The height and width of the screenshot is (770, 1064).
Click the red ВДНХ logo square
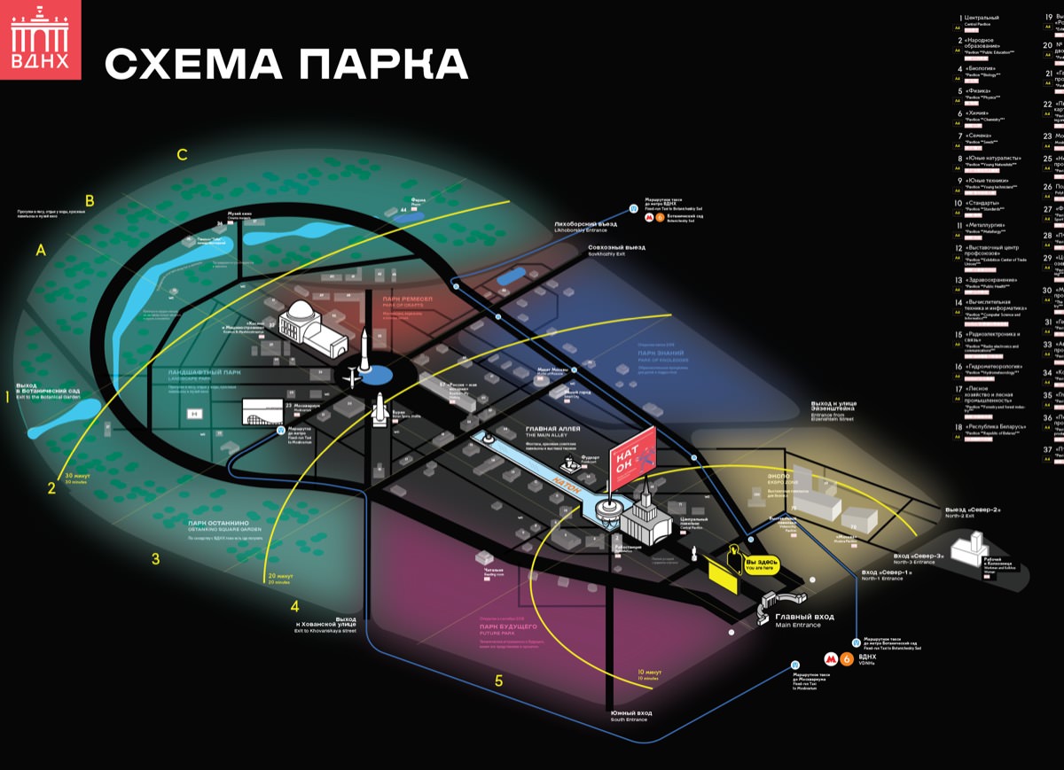[x=40, y=40]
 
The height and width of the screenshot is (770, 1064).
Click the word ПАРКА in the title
[x=382, y=65]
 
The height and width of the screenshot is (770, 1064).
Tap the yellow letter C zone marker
[x=182, y=155]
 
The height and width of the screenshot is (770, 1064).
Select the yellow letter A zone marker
[x=40, y=251]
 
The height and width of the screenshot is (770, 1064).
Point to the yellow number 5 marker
[x=498, y=681]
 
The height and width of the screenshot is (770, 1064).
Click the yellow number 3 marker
[x=155, y=559]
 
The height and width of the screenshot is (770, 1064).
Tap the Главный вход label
[x=804, y=618]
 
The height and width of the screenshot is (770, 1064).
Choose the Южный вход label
[x=630, y=714]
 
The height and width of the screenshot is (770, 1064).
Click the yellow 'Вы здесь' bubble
[x=763, y=564]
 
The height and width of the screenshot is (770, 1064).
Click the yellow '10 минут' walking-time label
[x=649, y=673]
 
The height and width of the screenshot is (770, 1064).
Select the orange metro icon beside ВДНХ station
[x=847, y=658]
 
